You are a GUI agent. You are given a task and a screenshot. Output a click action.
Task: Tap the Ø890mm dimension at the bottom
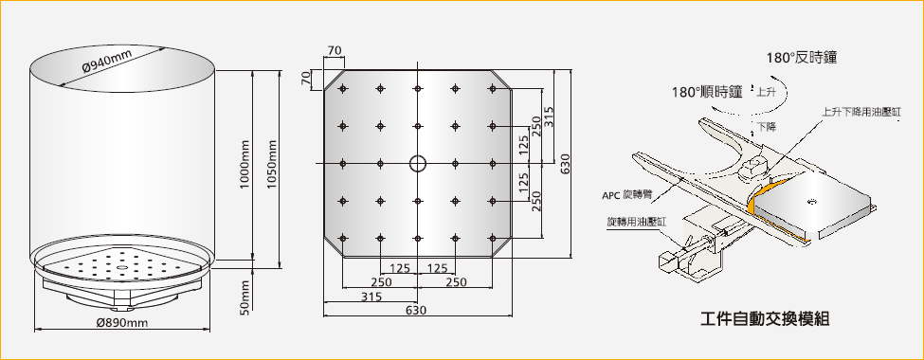click(x=121, y=322)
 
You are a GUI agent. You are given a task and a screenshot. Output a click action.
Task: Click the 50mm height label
click(x=245, y=298)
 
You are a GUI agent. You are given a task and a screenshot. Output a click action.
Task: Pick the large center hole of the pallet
click(x=417, y=163)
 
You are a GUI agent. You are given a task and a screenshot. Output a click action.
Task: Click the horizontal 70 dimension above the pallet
click(x=335, y=51)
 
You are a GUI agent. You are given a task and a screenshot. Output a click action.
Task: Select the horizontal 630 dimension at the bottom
click(x=417, y=311)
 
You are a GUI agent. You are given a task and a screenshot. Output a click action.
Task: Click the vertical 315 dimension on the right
click(x=549, y=117)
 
